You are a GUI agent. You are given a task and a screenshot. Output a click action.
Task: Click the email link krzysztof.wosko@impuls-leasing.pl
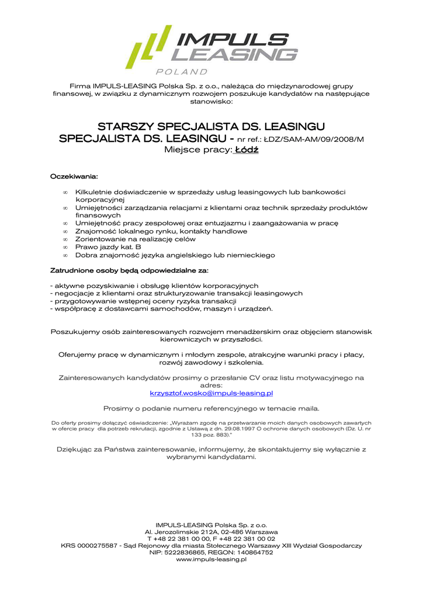[211, 394]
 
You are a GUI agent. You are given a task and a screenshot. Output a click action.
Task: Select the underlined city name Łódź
[247, 150]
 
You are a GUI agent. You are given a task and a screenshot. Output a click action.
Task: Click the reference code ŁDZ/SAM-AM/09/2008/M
[313, 139]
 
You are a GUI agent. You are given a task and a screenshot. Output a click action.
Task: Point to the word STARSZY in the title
[126, 127]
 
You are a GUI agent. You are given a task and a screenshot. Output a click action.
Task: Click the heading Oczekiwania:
[74, 176]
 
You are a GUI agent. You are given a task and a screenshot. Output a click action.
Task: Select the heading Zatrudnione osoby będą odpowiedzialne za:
[129, 271]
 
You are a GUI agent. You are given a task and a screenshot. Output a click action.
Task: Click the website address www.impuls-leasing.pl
[211, 559]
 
